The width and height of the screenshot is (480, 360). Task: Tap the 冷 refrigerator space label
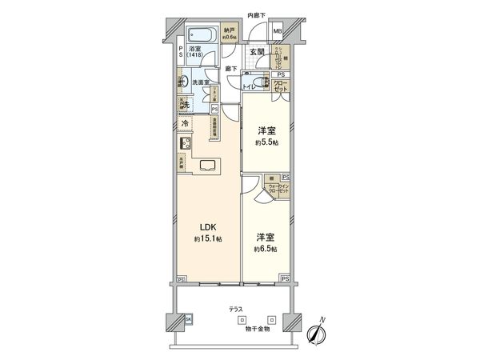(x=185, y=124)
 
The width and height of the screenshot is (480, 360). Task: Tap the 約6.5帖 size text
(x=266, y=250)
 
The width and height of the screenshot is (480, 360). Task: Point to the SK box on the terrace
(x=189, y=320)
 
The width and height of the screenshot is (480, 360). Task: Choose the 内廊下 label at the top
(x=256, y=14)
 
